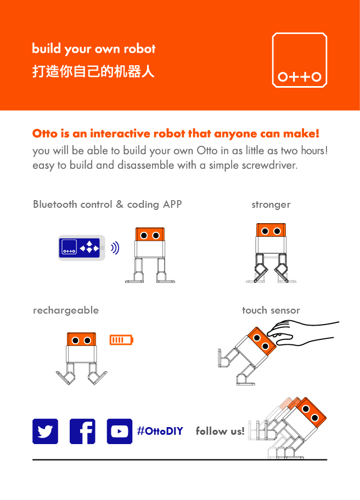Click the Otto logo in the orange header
tap(300, 60)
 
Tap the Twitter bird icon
tap(45, 431)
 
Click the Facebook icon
tap(82, 431)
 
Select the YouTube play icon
tap(119, 431)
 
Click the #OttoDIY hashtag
tap(160, 431)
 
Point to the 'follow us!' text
tap(220, 431)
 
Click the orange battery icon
tap(121, 340)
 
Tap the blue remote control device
tap(82, 248)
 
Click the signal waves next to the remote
tap(115, 248)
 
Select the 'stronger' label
tap(271, 205)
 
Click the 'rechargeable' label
tap(66, 310)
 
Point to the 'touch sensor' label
tap(271, 310)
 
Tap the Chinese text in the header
tap(93, 72)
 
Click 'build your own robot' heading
tap(93, 49)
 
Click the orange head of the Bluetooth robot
tap(150, 235)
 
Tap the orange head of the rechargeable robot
tap(81, 340)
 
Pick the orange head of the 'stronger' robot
tap(271, 230)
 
